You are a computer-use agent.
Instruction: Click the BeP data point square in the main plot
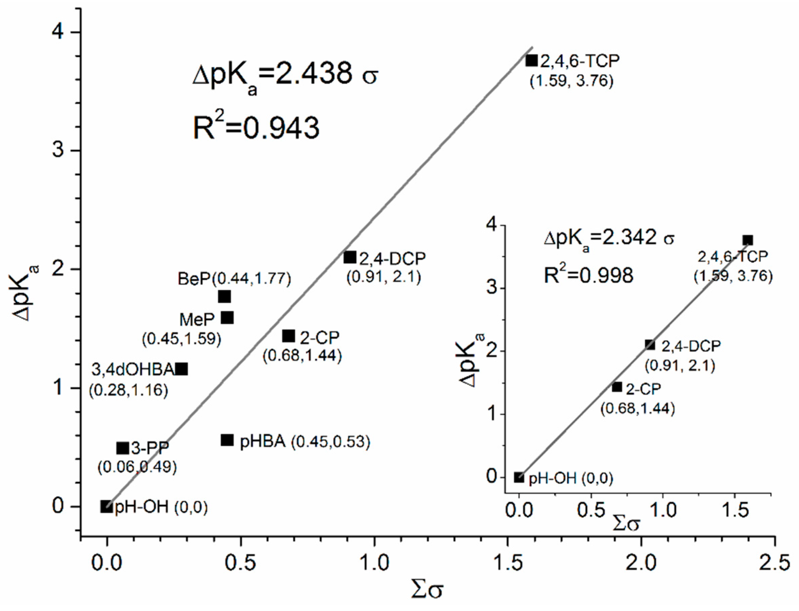coord(224,296)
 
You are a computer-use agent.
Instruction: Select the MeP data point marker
coord(227,318)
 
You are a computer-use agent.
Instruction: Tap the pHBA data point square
coord(227,440)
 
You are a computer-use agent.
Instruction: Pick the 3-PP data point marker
coord(123,448)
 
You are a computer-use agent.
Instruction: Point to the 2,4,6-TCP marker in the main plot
coord(531,60)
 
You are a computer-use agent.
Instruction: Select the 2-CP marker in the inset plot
coord(617,387)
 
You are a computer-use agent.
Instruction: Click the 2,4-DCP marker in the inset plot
coord(650,345)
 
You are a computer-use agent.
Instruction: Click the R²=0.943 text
coord(256,128)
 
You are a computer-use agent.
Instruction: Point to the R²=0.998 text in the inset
coord(589,275)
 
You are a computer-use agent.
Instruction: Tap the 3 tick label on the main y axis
coord(58,150)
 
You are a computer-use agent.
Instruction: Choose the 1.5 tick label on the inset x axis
coord(735,511)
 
